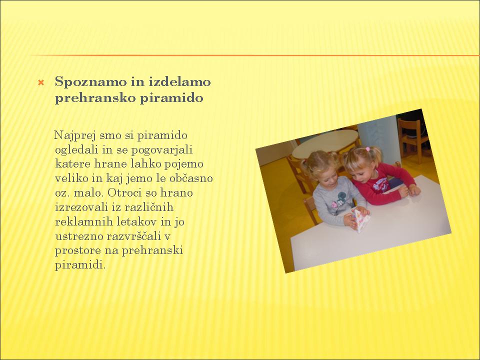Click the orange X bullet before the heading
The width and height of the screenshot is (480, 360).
point(41,82)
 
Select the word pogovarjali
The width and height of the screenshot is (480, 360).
point(162,150)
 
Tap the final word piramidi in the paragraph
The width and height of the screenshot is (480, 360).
point(80,265)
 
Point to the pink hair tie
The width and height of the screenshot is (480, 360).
point(367,149)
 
